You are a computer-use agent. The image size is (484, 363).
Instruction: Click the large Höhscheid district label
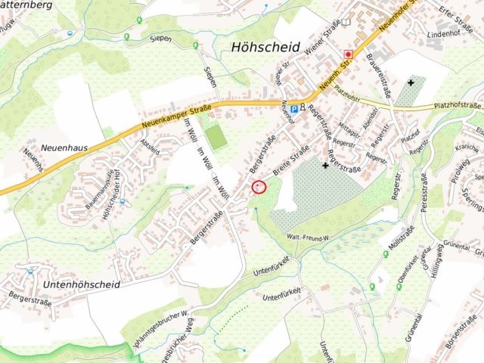[263, 47]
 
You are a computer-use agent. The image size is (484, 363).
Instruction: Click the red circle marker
[259, 186]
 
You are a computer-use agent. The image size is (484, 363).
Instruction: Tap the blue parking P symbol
[293, 108]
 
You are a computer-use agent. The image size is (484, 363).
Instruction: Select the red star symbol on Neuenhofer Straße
[349, 54]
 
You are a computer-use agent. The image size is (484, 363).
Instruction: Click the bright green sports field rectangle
[216, 137]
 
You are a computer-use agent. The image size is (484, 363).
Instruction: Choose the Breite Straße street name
[290, 160]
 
